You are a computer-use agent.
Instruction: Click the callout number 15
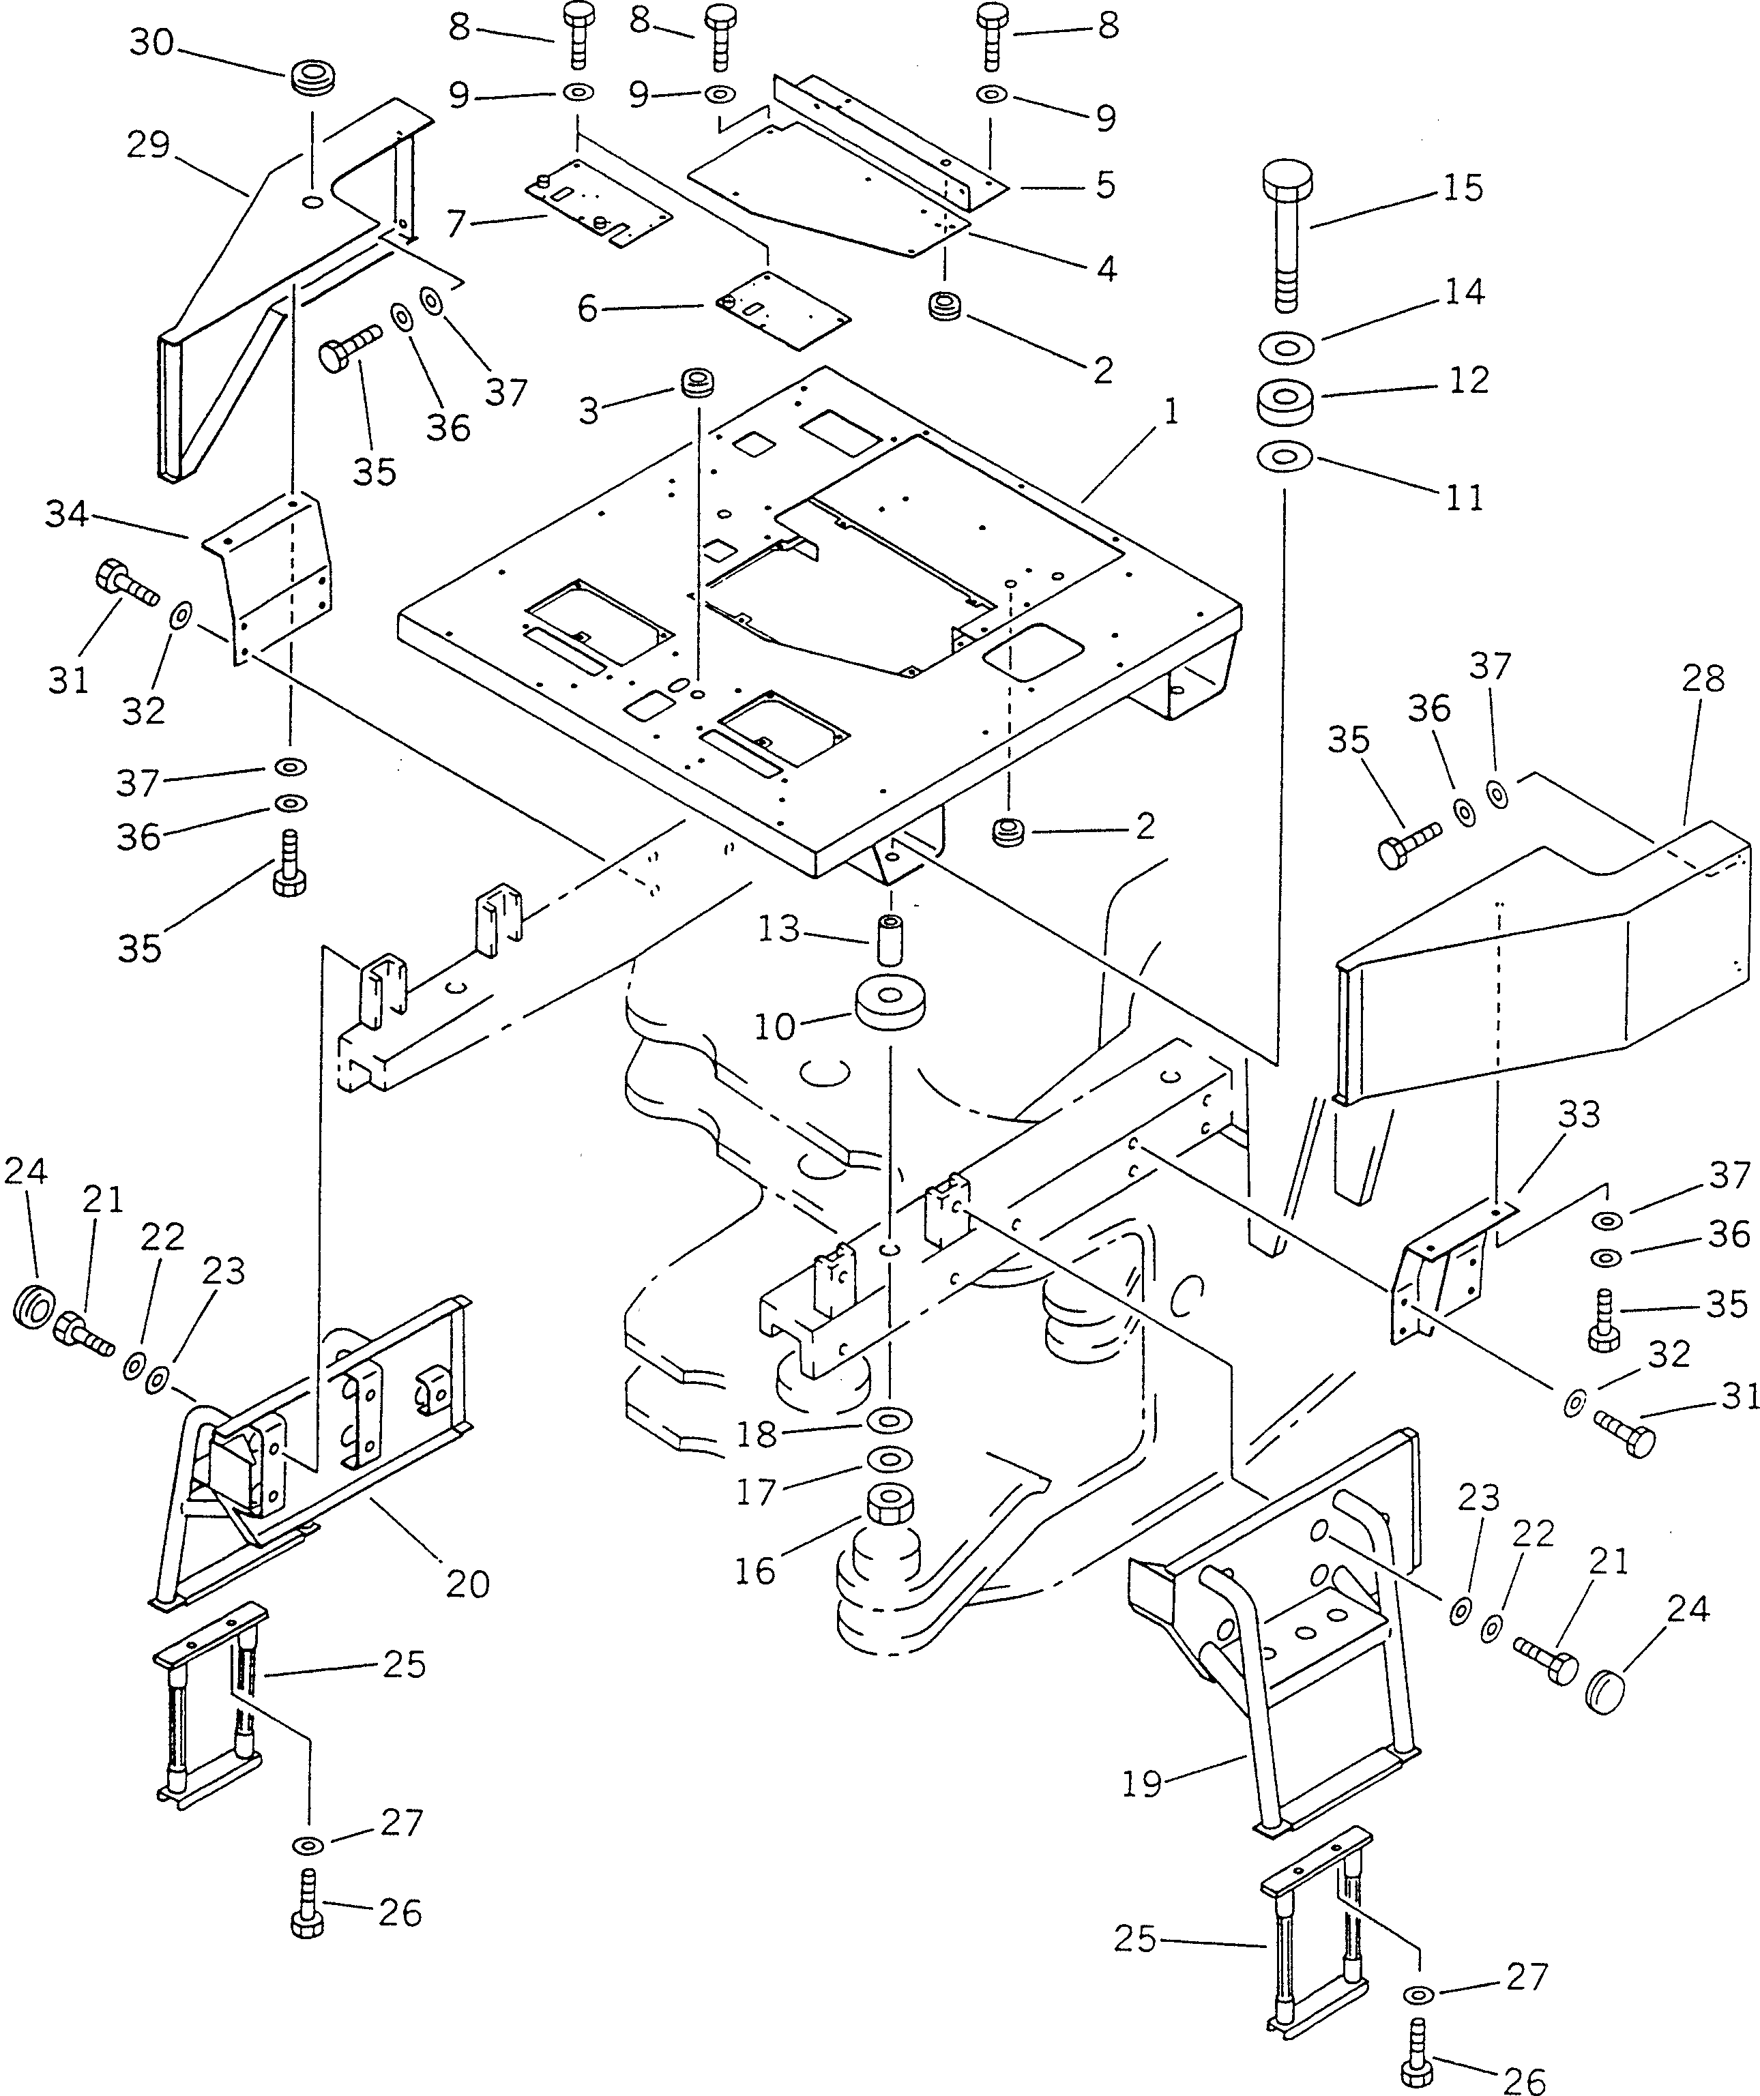[1463, 188]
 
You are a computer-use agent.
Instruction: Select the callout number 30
[151, 43]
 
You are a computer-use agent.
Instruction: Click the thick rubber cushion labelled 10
[888, 1015]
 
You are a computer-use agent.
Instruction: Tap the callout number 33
[1579, 1114]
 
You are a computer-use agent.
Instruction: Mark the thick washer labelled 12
[1286, 401]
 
